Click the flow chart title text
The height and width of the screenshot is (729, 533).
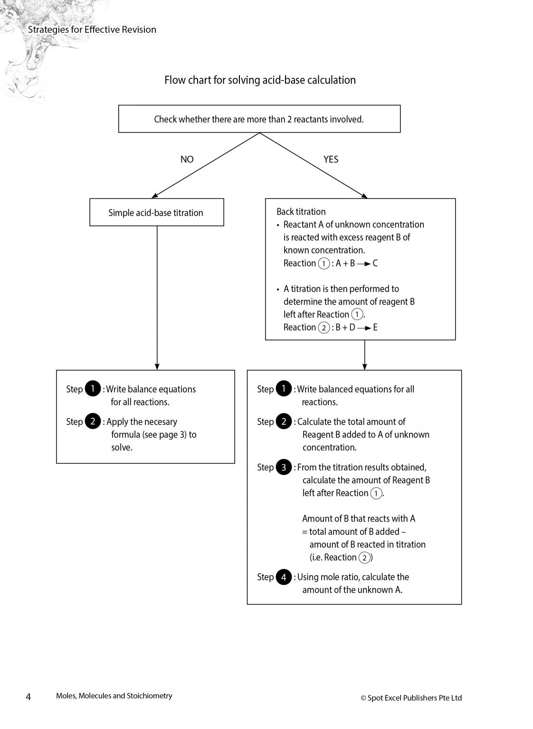pos(260,80)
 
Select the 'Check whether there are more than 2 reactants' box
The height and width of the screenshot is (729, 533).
pos(259,119)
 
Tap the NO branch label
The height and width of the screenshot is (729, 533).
pos(187,159)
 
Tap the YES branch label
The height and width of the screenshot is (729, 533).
pos(331,159)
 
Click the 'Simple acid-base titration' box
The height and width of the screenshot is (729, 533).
pos(156,213)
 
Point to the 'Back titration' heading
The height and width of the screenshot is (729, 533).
pos(301,212)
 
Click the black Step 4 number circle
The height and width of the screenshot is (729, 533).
pos(284,577)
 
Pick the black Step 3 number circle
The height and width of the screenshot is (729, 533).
pos(284,467)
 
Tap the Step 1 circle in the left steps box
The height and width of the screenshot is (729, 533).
pos(93,389)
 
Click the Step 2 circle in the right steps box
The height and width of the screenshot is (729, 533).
pos(284,421)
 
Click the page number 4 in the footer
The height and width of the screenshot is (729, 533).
pos(28,697)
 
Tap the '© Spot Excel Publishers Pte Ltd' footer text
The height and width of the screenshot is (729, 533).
pos(411,698)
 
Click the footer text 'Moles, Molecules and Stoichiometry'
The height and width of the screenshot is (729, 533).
pos(114,696)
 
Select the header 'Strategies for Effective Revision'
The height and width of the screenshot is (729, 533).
pos(92,29)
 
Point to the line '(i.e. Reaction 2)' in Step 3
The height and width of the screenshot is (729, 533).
pos(341,558)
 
